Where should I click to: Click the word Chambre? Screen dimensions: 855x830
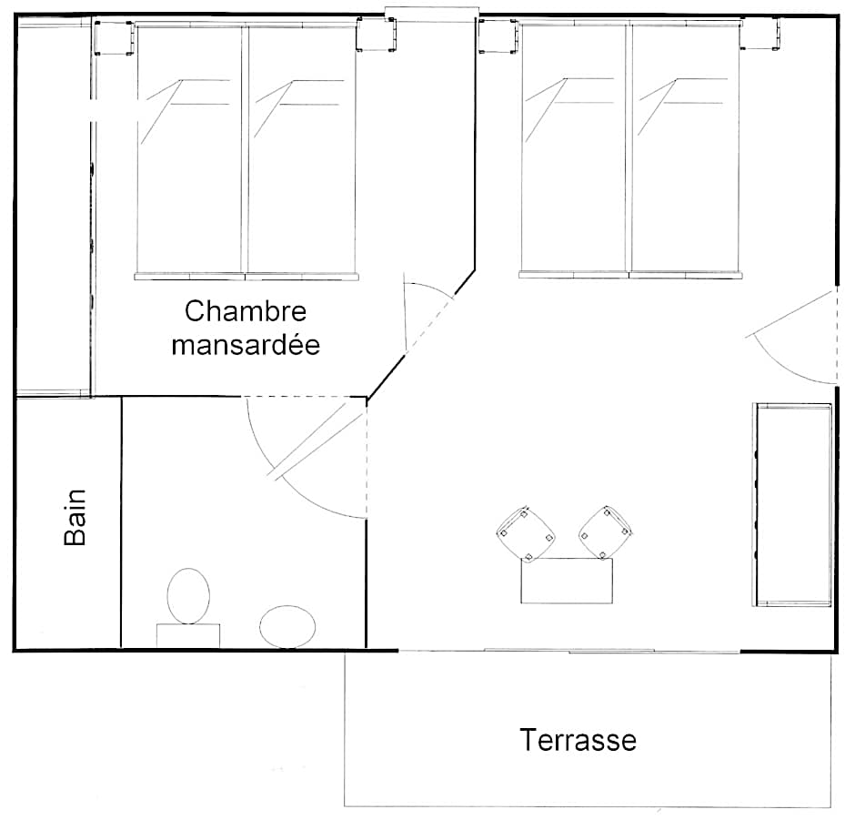[246, 311]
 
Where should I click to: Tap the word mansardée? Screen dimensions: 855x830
[246, 345]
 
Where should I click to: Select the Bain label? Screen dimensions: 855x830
[75, 517]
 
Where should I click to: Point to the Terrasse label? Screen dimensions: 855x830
[578, 740]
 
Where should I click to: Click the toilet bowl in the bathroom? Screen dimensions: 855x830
[188, 596]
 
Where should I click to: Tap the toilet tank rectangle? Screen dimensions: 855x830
[188, 636]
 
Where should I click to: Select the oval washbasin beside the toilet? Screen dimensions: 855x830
[287, 627]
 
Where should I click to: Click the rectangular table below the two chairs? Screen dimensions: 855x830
[567, 581]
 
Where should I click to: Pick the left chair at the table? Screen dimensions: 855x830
[526, 534]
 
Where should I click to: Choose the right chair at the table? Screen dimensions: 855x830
[605, 532]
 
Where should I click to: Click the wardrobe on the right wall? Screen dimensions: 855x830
[792, 505]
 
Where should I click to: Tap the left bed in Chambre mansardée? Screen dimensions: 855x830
[190, 150]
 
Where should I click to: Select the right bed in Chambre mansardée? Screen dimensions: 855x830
[302, 150]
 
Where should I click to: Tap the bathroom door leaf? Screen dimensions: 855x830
[319, 440]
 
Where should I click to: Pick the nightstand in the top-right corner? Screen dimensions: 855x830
[760, 34]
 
